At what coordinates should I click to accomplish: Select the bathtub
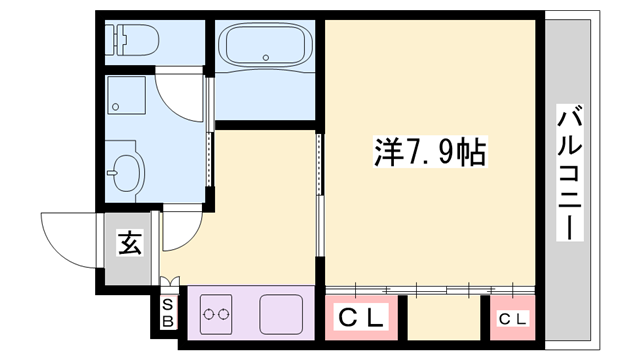(x=265, y=46)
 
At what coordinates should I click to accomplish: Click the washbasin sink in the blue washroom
(x=127, y=172)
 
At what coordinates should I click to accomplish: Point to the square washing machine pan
(x=127, y=98)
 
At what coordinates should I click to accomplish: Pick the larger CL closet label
(x=362, y=318)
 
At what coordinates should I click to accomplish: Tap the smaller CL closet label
(x=511, y=319)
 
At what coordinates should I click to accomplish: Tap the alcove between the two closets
(x=445, y=318)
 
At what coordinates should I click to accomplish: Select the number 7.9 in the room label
(x=424, y=152)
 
